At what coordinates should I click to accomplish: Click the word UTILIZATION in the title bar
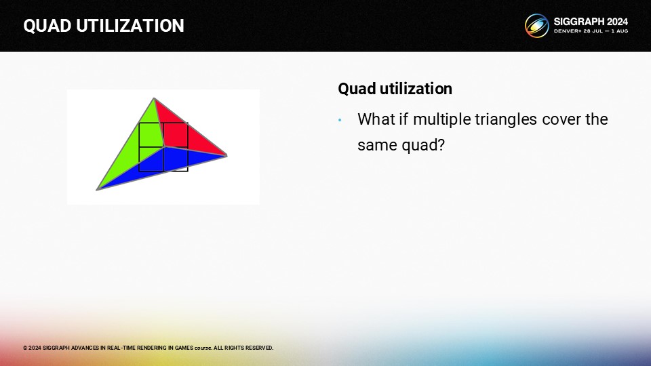[130, 26]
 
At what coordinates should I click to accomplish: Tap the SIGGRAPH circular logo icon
[536, 25]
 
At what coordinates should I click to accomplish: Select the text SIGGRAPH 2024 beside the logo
[591, 22]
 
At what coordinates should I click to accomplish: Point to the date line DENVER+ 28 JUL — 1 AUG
[591, 31]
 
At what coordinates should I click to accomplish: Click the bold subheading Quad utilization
[395, 89]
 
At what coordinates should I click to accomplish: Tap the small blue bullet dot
[340, 121]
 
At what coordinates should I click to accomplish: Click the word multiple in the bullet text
[441, 119]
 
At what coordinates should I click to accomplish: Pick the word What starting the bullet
[376, 119]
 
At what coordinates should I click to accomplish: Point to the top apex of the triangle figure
[154, 98]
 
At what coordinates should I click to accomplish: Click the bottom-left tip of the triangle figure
[97, 190]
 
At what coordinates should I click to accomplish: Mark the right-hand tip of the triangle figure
[227, 156]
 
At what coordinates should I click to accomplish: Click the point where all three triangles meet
[165, 146]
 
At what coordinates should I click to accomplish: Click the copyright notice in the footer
[149, 348]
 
